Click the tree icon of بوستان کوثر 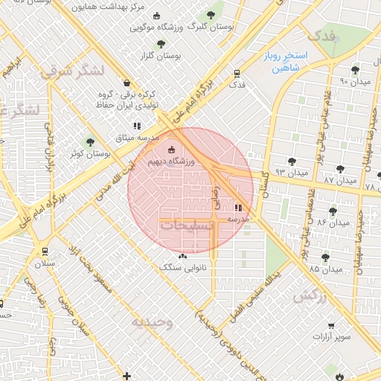point(91,141)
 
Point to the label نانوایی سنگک point(182,266)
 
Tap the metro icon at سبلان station point(46,251)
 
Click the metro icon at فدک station point(237,74)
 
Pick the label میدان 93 point(291,173)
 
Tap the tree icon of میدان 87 point(340,169)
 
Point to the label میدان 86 point(333,222)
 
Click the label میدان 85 point(325,268)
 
